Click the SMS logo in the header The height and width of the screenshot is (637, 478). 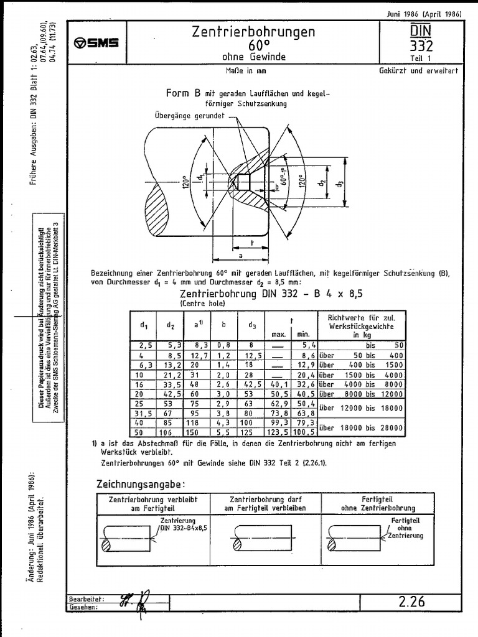point(96,43)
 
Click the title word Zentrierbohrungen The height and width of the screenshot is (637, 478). point(253,32)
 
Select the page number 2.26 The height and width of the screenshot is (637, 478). point(411,601)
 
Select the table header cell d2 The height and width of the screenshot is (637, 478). point(170,325)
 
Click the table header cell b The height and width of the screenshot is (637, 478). point(223,325)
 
